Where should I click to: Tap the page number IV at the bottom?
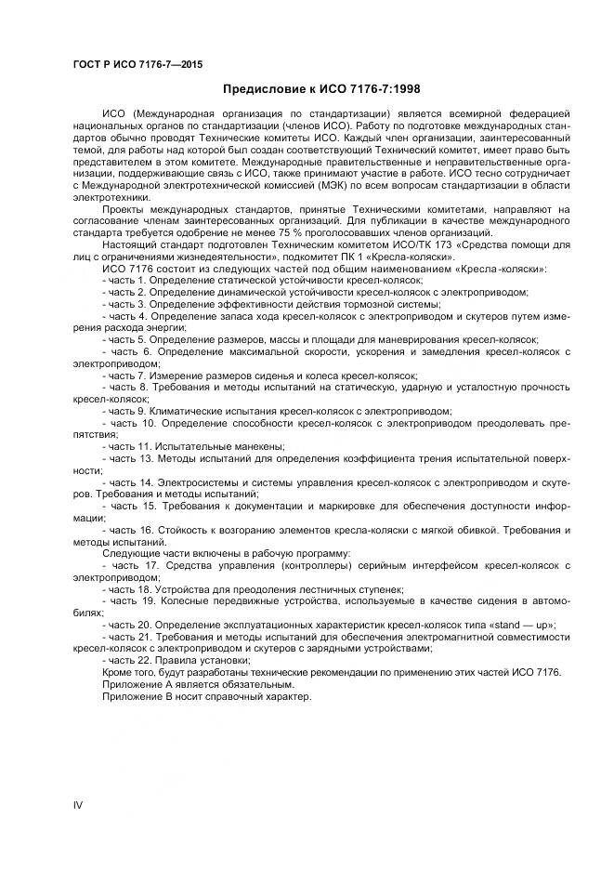[78, 804]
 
